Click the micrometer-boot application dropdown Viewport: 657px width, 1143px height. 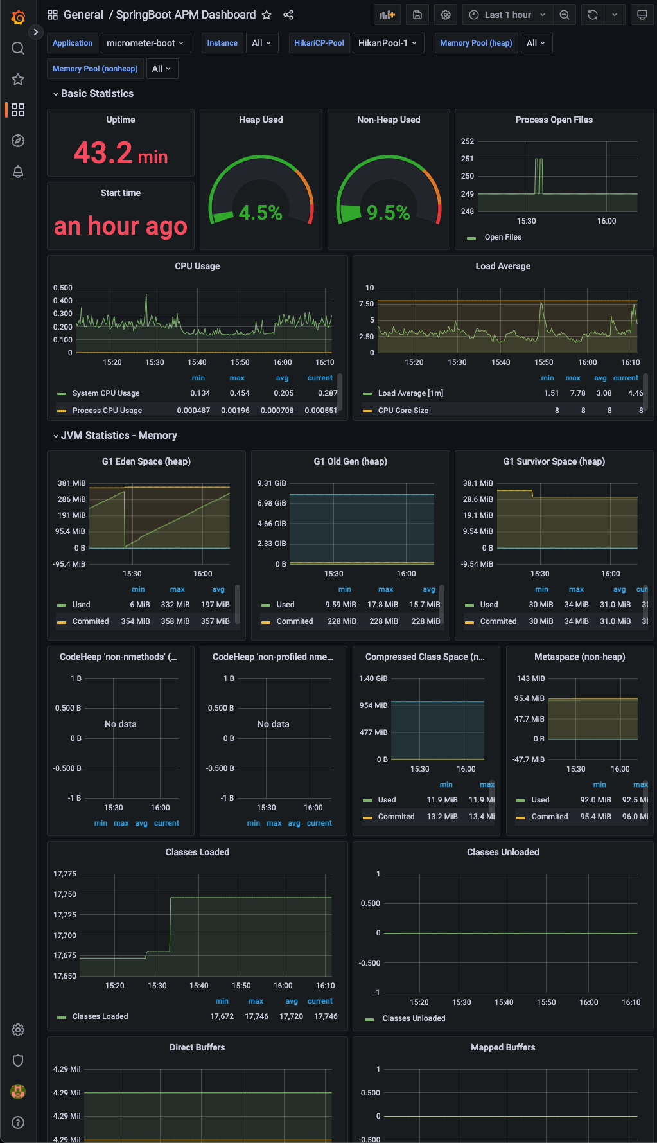click(x=145, y=43)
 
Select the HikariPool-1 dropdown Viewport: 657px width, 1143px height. click(x=388, y=43)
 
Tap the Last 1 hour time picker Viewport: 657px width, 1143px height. click(x=507, y=15)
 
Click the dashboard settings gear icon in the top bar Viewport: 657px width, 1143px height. click(x=446, y=15)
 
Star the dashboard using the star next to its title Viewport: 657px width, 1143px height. click(x=267, y=15)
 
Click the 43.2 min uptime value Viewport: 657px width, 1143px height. click(x=120, y=153)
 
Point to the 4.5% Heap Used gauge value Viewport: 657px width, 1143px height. click(x=260, y=213)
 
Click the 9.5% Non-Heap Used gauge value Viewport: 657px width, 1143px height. click(x=388, y=213)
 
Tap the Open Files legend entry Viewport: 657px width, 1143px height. click(x=502, y=237)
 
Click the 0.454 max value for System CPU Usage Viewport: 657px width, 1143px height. click(x=240, y=393)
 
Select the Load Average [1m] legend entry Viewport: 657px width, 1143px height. click(x=410, y=393)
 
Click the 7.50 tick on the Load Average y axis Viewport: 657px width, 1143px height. click(x=366, y=304)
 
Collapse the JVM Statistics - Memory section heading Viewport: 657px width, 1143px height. click(x=118, y=436)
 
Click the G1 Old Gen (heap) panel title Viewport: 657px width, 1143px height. click(x=350, y=461)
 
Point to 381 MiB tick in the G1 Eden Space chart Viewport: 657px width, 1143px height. click(x=71, y=483)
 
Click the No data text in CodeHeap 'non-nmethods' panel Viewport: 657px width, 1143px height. click(x=120, y=724)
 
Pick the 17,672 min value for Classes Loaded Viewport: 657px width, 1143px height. click(x=222, y=1016)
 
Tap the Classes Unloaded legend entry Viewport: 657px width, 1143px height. click(x=414, y=1018)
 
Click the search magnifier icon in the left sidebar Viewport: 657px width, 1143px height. click(x=18, y=48)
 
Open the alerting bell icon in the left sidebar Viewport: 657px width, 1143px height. click(x=18, y=172)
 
